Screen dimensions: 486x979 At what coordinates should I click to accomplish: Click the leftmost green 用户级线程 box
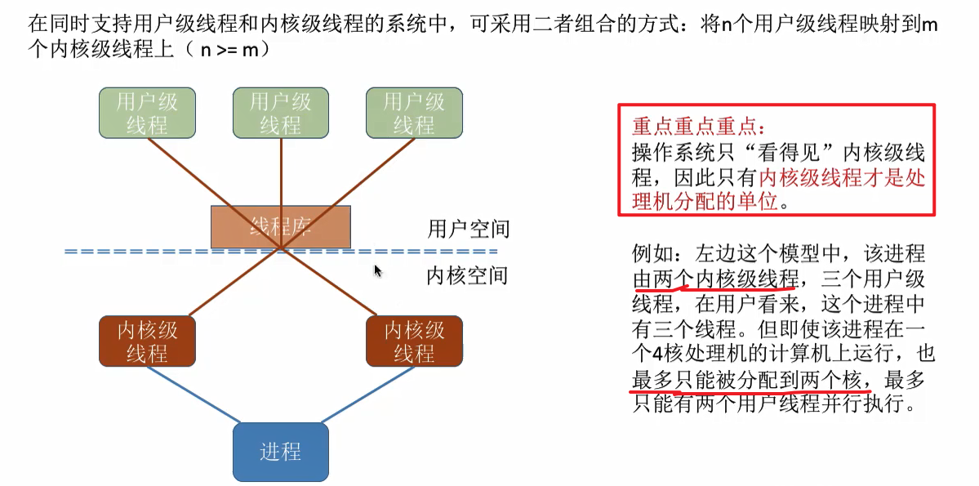click(147, 113)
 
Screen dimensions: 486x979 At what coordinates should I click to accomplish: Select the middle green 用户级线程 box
click(280, 113)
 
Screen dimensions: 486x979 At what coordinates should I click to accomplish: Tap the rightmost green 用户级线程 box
click(414, 113)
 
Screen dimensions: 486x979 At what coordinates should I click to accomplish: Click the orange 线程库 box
click(281, 226)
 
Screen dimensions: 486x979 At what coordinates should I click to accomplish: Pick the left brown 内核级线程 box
click(147, 341)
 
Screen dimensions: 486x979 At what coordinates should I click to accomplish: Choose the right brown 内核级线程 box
click(414, 341)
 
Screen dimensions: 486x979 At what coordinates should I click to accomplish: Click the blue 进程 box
click(280, 451)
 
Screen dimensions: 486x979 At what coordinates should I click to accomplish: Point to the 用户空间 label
click(468, 228)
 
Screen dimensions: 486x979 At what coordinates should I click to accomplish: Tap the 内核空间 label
click(468, 276)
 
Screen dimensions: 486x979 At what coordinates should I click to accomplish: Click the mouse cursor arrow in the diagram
click(378, 270)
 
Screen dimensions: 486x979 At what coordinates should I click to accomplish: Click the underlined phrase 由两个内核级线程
click(715, 279)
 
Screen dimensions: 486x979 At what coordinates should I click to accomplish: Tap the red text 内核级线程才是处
click(842, 178)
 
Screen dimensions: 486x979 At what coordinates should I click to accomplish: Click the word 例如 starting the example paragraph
click(652, 253)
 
